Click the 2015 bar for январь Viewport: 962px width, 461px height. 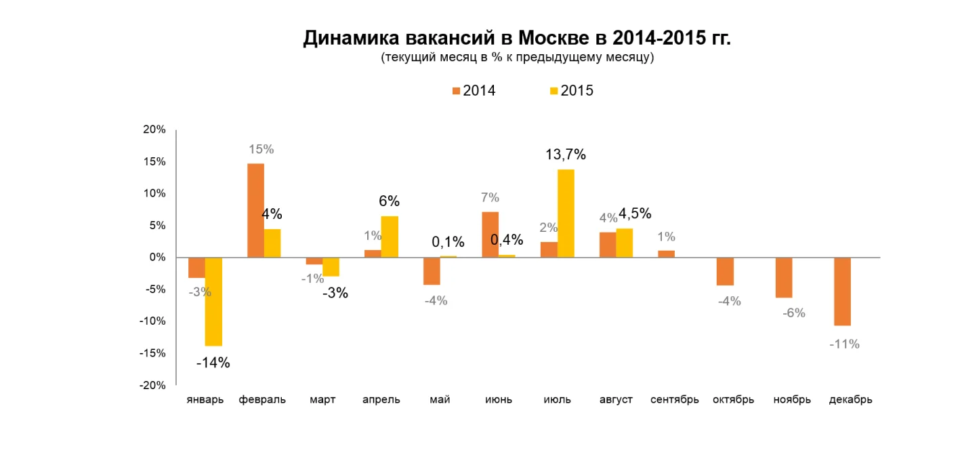[213, 302]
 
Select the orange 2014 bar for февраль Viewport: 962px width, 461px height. [255, 210]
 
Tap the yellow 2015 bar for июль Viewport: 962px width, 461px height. [566, 213]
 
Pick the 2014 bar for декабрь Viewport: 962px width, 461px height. [842, 292]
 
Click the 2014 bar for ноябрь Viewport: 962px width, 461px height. [784, 277]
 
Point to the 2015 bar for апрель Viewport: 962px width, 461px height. [390, 237]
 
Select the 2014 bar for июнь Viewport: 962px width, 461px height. [490, 235]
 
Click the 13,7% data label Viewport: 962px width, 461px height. [566, 155]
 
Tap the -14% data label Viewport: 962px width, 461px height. [213, 363]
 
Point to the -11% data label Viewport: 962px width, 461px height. [844, 344]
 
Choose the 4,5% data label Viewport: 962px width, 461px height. [635, 214]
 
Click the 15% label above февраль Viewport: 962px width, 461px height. [261, 149]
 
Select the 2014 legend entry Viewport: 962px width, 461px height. [474, 91]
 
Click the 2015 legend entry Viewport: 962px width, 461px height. [571, 91]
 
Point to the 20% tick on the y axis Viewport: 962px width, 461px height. [154, 129]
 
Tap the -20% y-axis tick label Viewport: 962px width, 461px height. [153, 385]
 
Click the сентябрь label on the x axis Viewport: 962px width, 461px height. [674, 400]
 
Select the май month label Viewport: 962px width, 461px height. [440, 400]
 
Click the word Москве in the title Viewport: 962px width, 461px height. [555, 38]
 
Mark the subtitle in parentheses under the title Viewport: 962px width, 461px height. [517, 58]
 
